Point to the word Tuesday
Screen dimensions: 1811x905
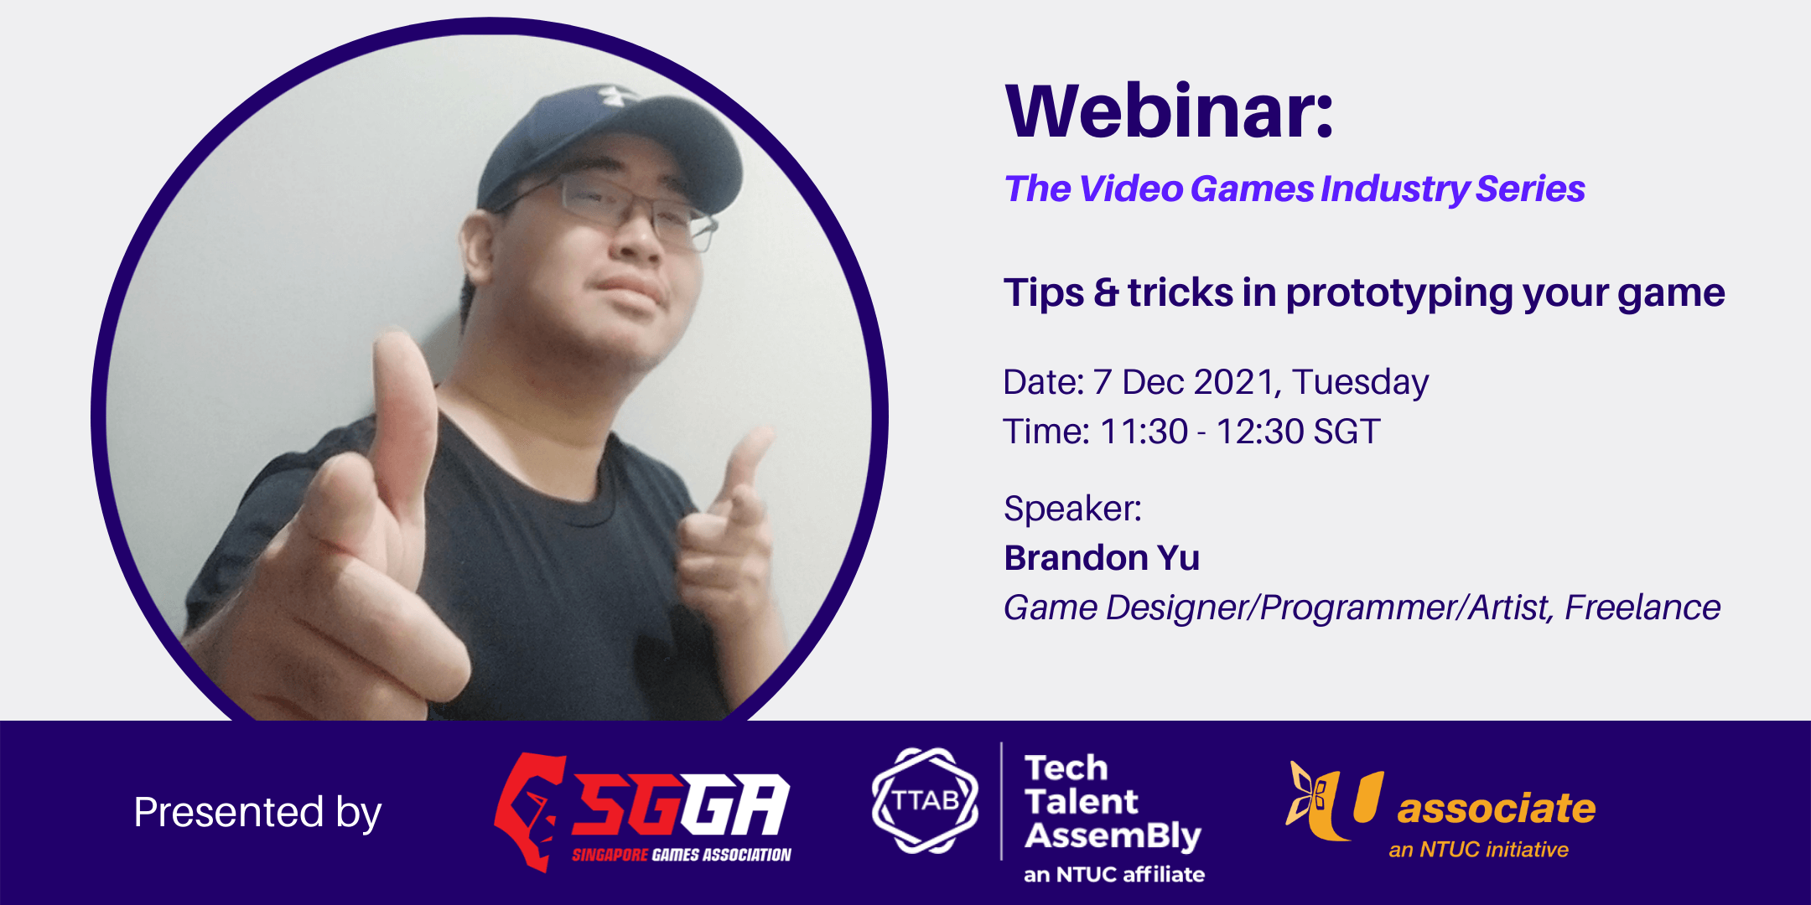tap(1360, 383)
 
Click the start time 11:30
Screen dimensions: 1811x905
tap(1144, 432)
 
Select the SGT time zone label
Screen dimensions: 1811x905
tap(1347, 432)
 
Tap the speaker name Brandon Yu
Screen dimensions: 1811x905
tap(1102, 558)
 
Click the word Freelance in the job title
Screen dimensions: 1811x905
tap(1642, 608)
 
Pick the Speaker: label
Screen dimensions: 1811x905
tap(1072, 509)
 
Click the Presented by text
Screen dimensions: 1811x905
tap(257, 812)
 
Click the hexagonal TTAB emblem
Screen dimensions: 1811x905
tap(925, 801)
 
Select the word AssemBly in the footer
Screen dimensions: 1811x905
tap(1113, 835)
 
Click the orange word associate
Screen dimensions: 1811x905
tap(1496, 809)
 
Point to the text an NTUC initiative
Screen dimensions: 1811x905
tap(1478, 850)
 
